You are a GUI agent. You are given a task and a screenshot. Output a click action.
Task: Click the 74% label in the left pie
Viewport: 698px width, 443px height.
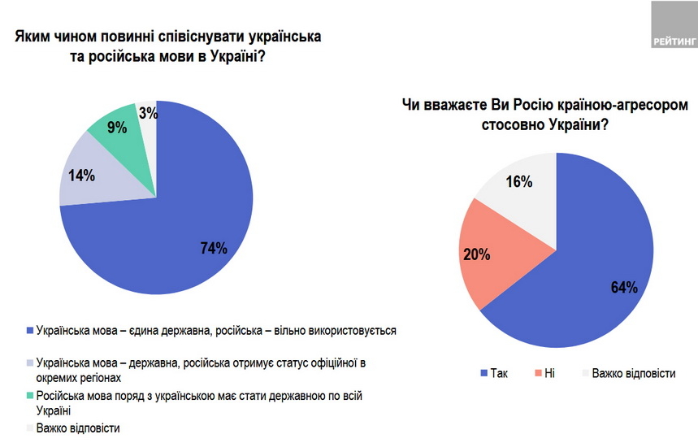[213, 248]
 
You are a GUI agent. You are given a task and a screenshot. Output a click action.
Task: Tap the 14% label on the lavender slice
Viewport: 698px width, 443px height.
[83, 175]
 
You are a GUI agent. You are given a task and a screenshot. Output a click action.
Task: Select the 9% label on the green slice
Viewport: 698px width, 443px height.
[117, 127]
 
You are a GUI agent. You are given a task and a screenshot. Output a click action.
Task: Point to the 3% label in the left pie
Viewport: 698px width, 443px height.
[148, 114]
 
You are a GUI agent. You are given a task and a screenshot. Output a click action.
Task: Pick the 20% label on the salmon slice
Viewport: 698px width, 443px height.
[478, 255]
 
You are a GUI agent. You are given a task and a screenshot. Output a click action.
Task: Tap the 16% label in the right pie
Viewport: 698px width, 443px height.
[519, 181]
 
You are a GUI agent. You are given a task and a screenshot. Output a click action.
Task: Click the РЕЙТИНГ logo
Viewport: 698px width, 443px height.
[674, 25]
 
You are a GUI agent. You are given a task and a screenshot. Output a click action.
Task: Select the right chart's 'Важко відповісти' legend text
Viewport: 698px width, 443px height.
[634, 373]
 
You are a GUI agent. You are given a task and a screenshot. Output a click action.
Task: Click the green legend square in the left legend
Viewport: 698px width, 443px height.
[31, 396]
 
